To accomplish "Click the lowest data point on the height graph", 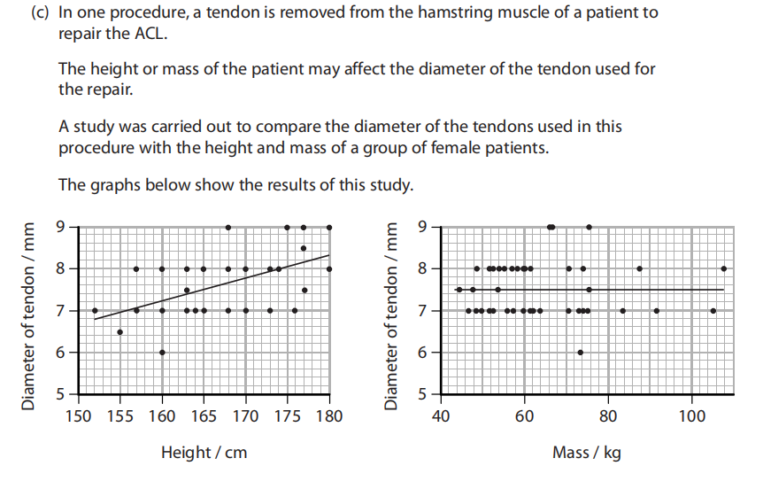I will coord(162,352).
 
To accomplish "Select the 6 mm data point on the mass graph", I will coord(580,352).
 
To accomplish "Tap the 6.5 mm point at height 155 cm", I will coord(119,331).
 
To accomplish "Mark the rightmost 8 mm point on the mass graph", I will coord(724,268).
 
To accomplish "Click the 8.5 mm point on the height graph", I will coord(304,248).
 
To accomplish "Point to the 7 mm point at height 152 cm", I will coord(95,310).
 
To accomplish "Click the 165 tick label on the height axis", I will coord(204,415).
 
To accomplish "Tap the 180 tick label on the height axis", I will coord(329,415).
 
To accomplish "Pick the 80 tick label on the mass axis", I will coord(608,415).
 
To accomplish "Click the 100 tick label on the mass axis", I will coord(691,415).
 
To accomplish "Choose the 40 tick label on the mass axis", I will coord(440,415).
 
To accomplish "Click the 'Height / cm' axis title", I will coord(204,453).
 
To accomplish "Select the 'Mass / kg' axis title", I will coord(586,453).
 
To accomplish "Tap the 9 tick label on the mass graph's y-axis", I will coord(424,227).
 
